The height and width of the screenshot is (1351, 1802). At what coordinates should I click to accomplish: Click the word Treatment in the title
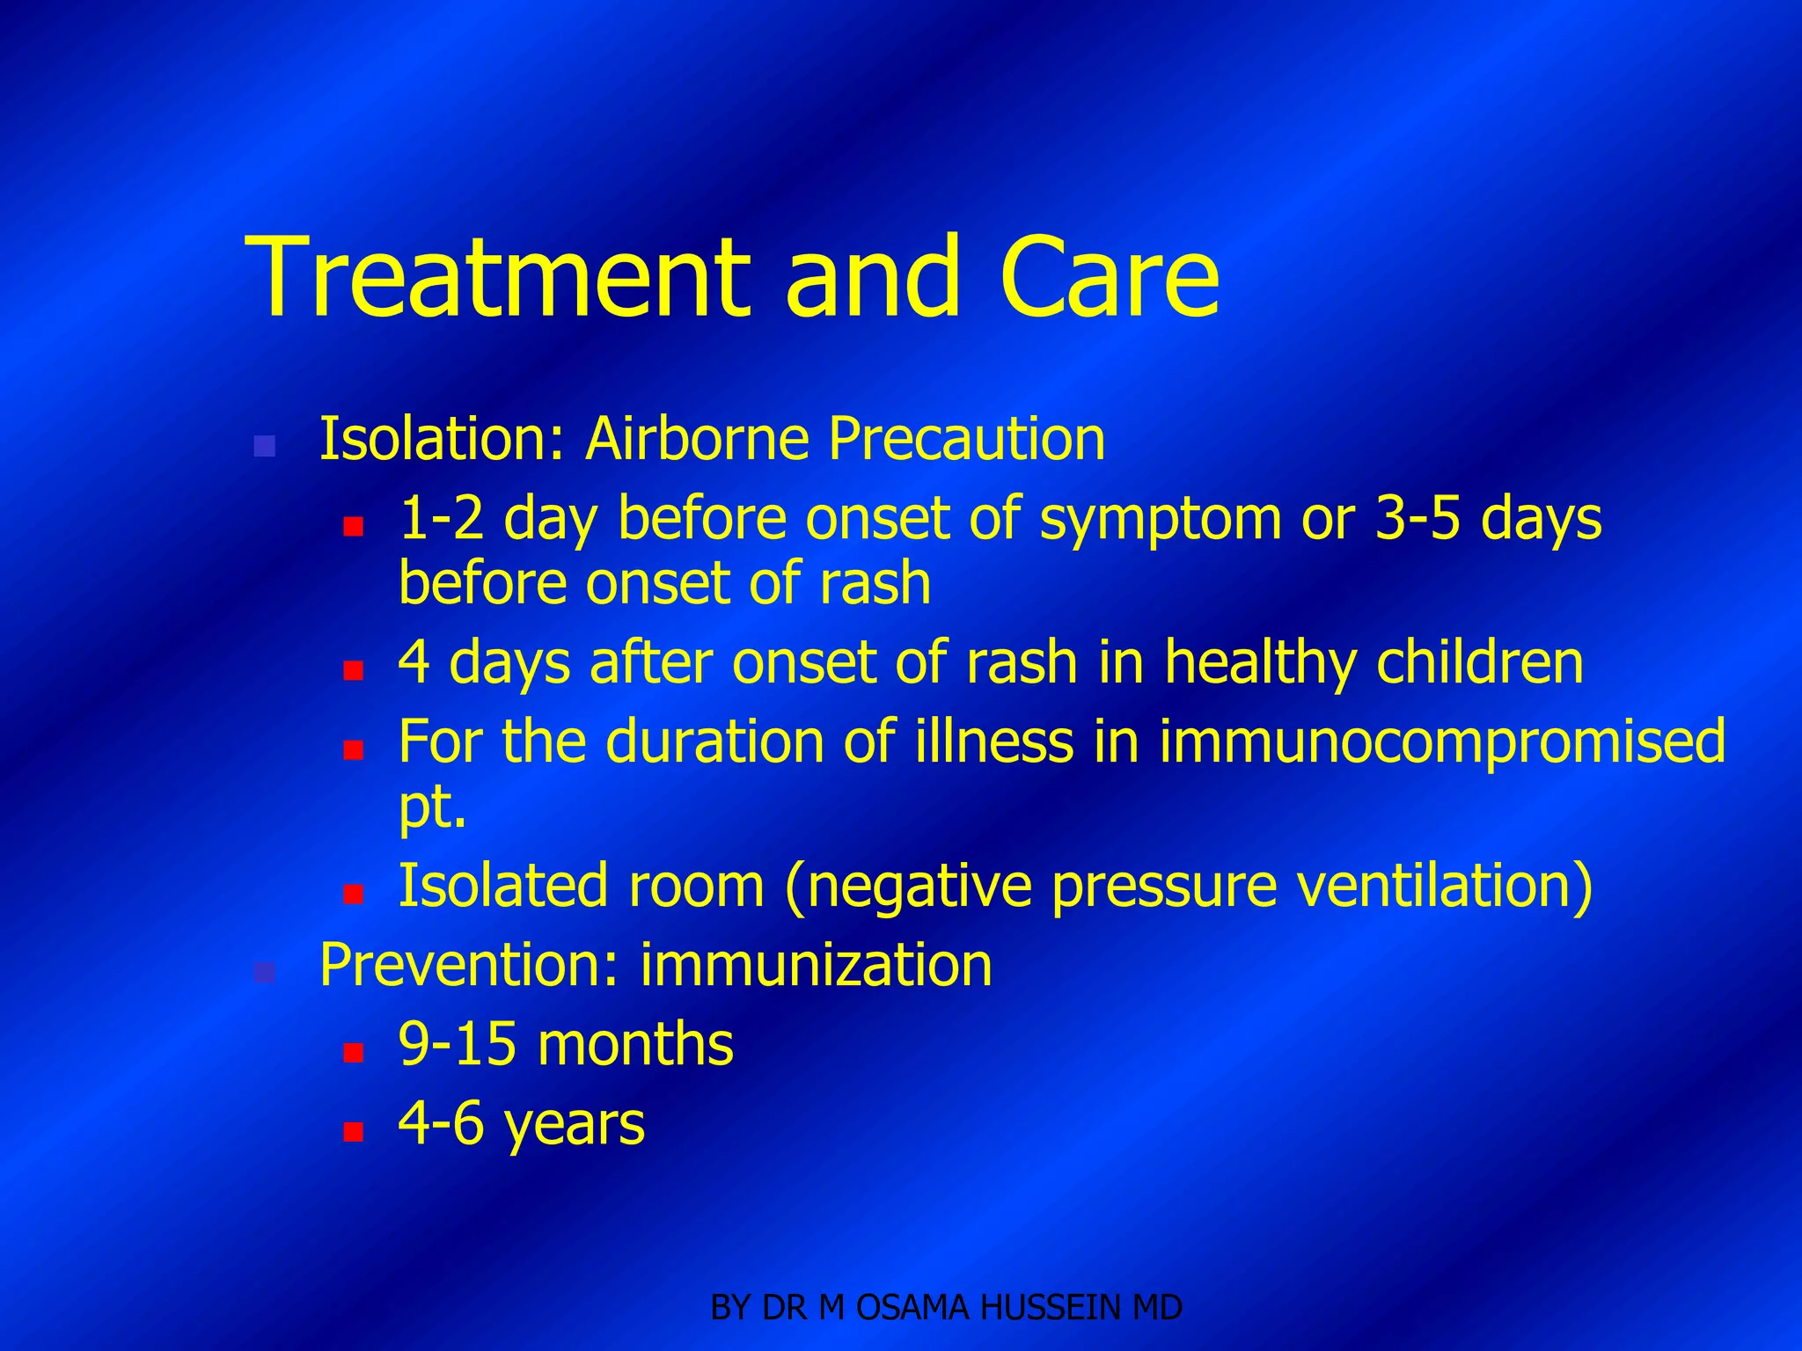click(498, 278)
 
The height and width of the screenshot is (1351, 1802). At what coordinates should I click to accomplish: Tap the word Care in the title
click(1109, 278)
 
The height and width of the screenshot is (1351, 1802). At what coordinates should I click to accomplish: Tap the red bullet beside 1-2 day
click(353, 527)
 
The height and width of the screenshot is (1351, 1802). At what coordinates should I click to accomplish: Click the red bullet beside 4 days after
click(353, 671)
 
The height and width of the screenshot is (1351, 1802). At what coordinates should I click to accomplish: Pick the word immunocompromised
click(1441, 742)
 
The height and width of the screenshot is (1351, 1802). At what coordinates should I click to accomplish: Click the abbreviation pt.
click(431, 808)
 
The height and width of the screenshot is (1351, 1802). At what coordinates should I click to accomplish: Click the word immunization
click(816, 966)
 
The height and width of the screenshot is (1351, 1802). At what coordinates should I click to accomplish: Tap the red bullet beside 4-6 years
click(353, 1131)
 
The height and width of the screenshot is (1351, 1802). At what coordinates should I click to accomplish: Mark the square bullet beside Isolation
click(264, 446)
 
